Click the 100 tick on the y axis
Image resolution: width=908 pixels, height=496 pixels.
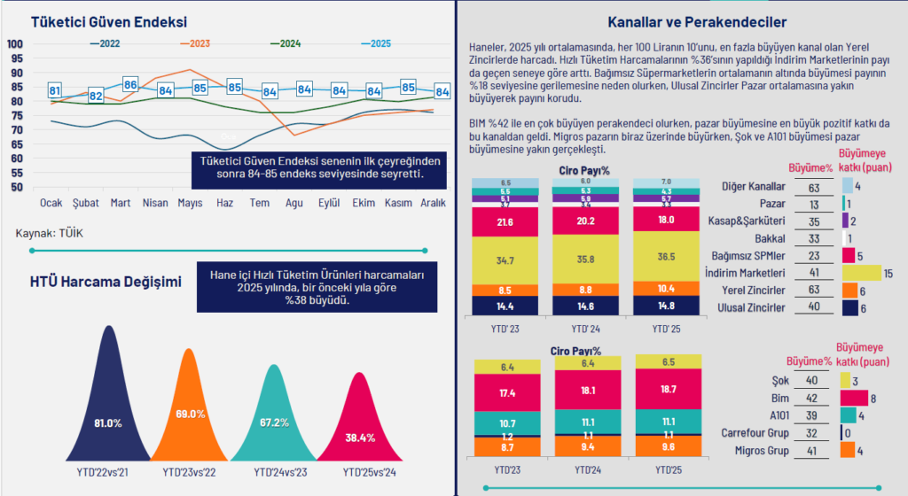(15, 44)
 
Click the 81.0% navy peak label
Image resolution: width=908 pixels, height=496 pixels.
(107, 423)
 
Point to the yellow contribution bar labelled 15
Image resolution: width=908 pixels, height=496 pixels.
(859, 273)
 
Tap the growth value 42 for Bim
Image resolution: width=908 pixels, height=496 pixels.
(811, 399)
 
